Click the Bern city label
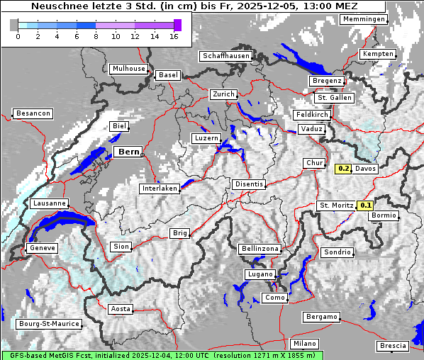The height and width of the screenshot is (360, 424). pyautogui.click(x=128, y=152)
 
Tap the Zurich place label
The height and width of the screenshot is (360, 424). pyautogui.click(x=223, y=94)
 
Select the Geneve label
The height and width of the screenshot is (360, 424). pyautogui.click(x=41, y=248)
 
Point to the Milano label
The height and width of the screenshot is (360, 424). pyautogui.click(x=305, y=344)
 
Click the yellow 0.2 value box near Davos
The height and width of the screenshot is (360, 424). pyautogui.click(x=343, y=169)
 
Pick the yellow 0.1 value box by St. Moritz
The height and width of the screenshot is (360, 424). pyautogui.click(x=366, y=206)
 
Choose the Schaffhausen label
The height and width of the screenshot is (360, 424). pyautogui.click(x=226, y=56)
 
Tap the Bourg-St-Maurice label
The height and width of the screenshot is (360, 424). pyautogui.click(x=49, y=324)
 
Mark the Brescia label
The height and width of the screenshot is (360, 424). pyautogui.click(x=393, y=346)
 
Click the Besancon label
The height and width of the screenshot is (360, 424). pyautogui.click(x=33, y=113)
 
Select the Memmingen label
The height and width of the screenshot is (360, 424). pyautogui.click(x=364, y=19)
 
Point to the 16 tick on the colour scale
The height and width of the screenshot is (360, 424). pyautogui.click(x=174, y=36)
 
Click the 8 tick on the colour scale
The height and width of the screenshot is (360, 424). pyautogui.click(x=96, y=36)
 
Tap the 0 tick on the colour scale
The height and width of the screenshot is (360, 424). pyautogui.click(x=18, y=36)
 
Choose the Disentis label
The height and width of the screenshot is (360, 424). pyautogui.click(x=249, y=184)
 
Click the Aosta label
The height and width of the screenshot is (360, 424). pyautogui.click(x=121, y=309)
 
